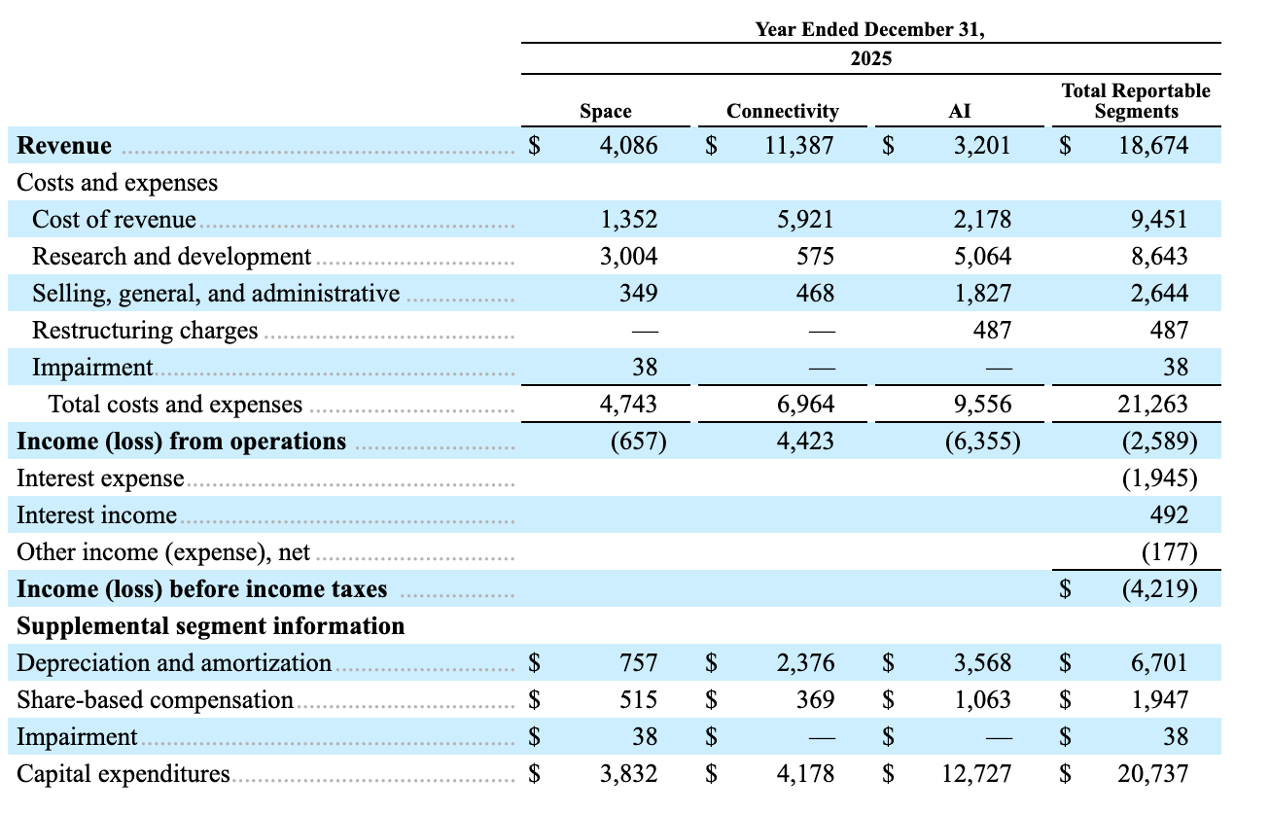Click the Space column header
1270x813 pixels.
[x=606, y=111]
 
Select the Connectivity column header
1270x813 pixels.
[x=783, y=111]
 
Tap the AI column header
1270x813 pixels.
[x=959, y=111]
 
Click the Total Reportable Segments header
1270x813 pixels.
[x=1136, y=100]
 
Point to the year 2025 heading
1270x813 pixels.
[x=871, y=58]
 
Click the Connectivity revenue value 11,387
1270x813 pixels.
[x=799, y=146]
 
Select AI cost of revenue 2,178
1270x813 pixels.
[x=982, y=220]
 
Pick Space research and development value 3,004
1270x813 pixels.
[x=629, y=257]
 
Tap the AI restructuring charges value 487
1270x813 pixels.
[x=992, y=330]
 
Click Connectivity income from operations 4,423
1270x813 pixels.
[x=805, y=442]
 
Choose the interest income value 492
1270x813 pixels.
[x=1169, y=514]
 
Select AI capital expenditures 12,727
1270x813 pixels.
[x=976, y=774]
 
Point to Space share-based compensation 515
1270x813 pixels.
[x=638, y=699]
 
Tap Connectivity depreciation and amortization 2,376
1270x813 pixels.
[x=805, y=663]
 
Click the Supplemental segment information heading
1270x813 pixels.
[x=210, y=626]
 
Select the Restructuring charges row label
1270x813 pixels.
[x=145, y=330]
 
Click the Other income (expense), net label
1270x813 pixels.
[x=163, y=552]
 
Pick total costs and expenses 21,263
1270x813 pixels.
[x=1152, y=405]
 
